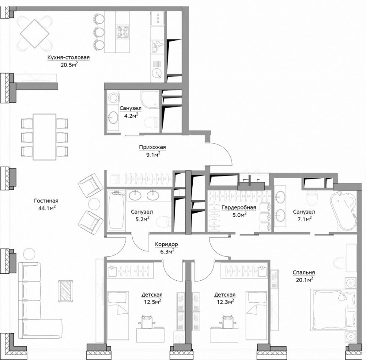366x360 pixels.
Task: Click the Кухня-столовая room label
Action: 69,57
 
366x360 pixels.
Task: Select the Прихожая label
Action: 152,147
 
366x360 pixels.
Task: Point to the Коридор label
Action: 166,244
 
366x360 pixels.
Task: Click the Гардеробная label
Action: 239,207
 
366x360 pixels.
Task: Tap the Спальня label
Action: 304,273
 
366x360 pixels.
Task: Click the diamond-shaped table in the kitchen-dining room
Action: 35,34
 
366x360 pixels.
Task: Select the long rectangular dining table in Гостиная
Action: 45,137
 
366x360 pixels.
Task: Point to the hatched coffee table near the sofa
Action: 65,291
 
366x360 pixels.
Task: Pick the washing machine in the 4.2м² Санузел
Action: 113,97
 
